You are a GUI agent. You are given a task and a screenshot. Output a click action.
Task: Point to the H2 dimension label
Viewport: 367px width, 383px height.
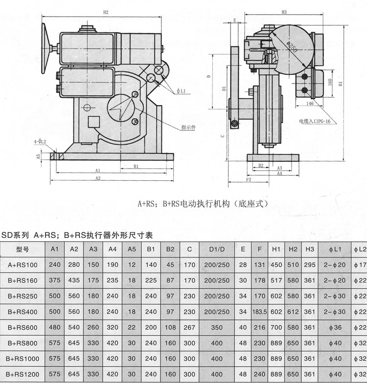105,12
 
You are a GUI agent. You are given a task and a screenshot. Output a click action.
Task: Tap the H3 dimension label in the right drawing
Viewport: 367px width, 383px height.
284,12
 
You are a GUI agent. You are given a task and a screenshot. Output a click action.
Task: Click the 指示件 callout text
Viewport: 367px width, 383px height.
188,128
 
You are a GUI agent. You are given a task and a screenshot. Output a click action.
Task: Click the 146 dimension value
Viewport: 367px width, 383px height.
310,104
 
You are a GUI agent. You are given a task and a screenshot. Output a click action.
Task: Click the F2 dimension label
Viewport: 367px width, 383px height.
248,180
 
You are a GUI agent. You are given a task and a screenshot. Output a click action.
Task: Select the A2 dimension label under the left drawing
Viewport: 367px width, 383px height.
98,178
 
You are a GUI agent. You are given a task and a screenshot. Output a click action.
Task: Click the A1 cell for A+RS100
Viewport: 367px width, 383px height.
55,265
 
